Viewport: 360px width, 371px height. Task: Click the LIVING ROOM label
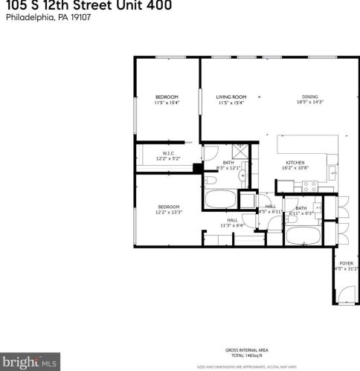click(x=231, y=97)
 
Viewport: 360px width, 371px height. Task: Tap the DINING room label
click(x=310, y=97)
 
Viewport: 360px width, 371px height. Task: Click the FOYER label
click(x=346, y=263)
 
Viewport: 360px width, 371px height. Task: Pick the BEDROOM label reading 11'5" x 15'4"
click(x=167, y=97)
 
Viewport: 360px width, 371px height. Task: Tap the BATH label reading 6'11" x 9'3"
click(x=300, y=208)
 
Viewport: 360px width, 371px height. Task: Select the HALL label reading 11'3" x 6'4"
click(x=233, y=221)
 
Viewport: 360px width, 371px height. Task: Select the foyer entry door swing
click(x=343, y=297)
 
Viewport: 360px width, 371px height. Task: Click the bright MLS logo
click(x=29, y=362)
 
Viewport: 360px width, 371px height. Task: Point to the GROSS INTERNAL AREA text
click(x=246, y=349)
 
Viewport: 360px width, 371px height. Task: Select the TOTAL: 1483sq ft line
click(x=246, y=354)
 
